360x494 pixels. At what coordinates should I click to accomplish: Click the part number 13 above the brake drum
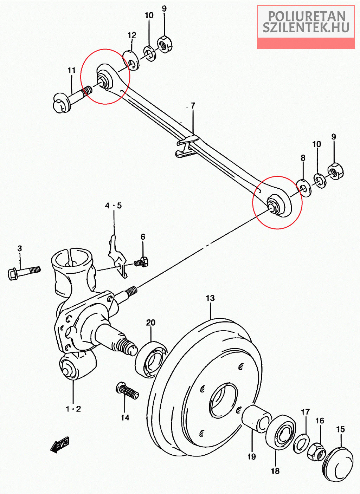(x=210, y=298)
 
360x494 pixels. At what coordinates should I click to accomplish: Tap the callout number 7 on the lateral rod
(x=193, y=106)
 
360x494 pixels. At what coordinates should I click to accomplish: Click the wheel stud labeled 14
(x=127, y=391)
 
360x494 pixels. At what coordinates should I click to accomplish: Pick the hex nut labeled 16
(x=316, y=451)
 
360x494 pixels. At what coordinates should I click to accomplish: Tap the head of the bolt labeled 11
(x=61, y=103)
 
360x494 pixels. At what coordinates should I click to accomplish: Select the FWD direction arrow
(x=59, y=444)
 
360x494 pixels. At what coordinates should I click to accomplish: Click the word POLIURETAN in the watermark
(x=306, y=16)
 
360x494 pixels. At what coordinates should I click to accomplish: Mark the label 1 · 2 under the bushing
(x=73, y=409)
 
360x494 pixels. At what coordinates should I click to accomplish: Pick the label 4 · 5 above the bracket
(x=113, y=206)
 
